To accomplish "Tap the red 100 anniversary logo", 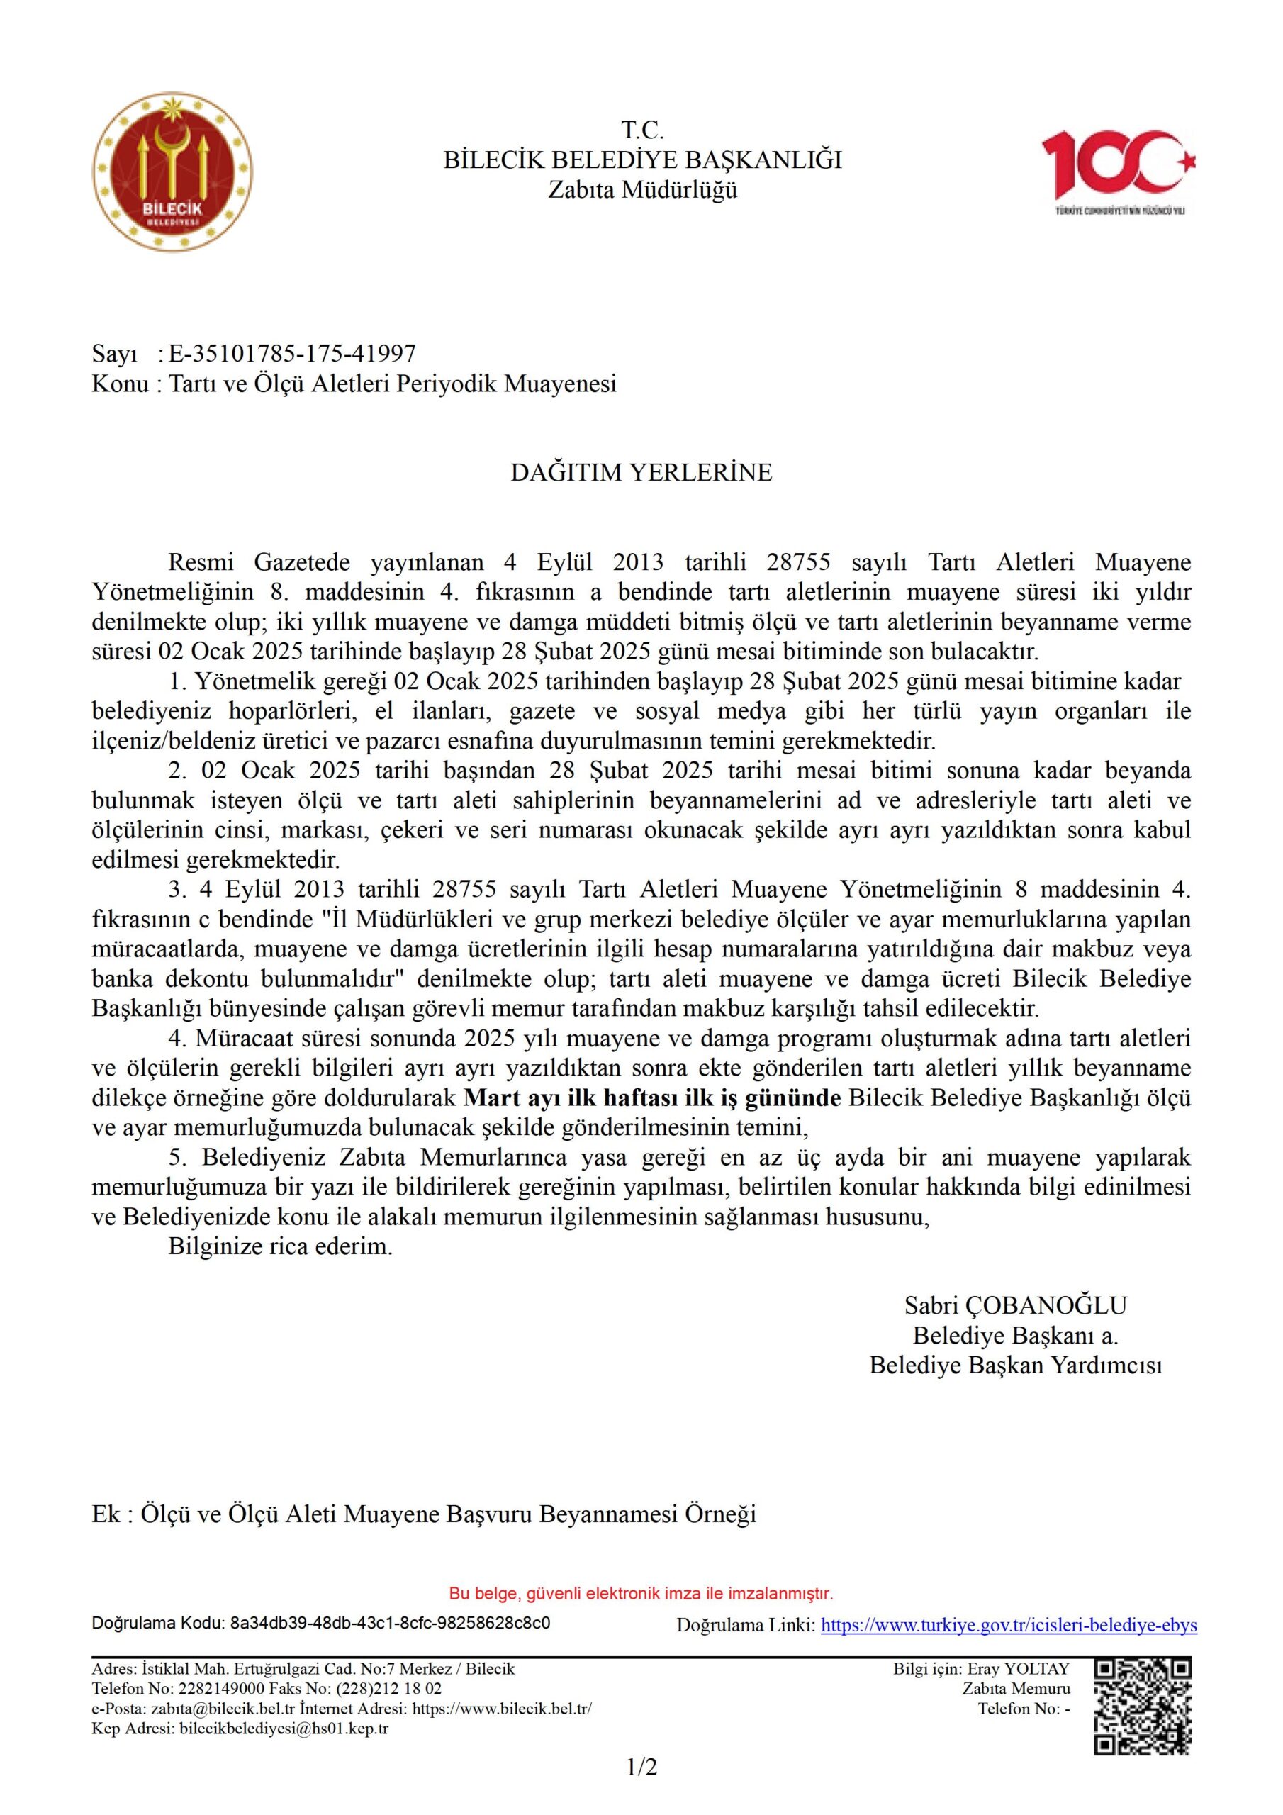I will (1118, 170).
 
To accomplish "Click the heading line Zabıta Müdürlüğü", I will (642, 191).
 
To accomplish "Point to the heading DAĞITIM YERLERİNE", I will (641, 472).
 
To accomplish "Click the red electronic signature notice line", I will (641, 1593).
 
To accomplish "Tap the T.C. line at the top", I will (642, 130).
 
